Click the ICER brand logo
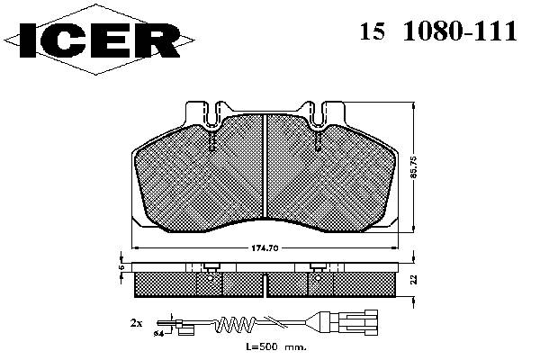(99, 40)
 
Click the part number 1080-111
(460, 31)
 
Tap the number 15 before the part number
(372, 31)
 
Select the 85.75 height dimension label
(414, 167)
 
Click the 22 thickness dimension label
(414, 279)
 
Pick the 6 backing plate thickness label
(121, 267)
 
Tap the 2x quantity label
(137, 323)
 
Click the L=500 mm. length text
(276, 346)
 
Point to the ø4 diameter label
(158, 333)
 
